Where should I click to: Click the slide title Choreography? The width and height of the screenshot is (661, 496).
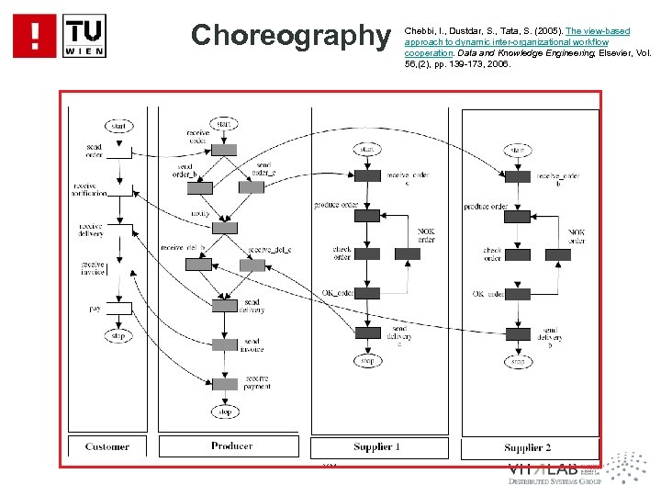pyautogui.click(x=290, y=35)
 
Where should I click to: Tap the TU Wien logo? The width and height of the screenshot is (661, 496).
pyautogui.click(x=84, y=35)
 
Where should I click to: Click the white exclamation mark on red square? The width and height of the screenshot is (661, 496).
pyautogui.click(x=35, y=35)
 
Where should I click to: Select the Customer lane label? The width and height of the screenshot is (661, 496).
pyautogui.click(x=107, y=446)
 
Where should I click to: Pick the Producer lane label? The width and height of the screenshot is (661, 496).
pyautogui.click(x=231, y=445)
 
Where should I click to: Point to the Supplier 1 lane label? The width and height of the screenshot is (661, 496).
pyautogui.click(x=376, y=446)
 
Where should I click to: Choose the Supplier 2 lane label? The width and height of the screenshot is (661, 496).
pyautogui.click(x=527, y=447)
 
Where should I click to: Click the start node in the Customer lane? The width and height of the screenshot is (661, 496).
pyautogui.click(x=118, y=126)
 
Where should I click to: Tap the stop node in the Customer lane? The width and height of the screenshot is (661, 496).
pyautogui.click(x=118, y=336)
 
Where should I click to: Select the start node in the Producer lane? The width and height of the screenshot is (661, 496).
pyautogui.click(x=221, y=124)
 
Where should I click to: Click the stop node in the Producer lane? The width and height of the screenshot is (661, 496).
pyautogui.click(x=225, y=411)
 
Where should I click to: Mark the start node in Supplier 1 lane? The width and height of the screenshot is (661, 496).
pyautogui.click(x=366, y=149)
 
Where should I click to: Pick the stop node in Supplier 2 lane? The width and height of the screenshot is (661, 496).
pyautogui.click(x=518, y=362)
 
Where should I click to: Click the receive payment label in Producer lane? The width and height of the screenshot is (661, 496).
pyautogui.click(x=257, y=382)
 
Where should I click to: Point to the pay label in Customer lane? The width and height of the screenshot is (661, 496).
pyautogui.click(x=95, y=309)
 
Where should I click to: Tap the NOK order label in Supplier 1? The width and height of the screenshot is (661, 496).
pyautogui.click(x=426, y=234)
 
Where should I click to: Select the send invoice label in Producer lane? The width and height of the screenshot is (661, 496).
pyautogui.click(x=252, y=345)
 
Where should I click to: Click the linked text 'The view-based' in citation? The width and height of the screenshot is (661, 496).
pyautogui.click(x=598, y=31)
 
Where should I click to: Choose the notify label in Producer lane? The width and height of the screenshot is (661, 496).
pyautogui.click(x=200, y=213)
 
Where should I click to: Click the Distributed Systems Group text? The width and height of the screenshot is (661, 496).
pyautogui.click(x=555, y=481)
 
